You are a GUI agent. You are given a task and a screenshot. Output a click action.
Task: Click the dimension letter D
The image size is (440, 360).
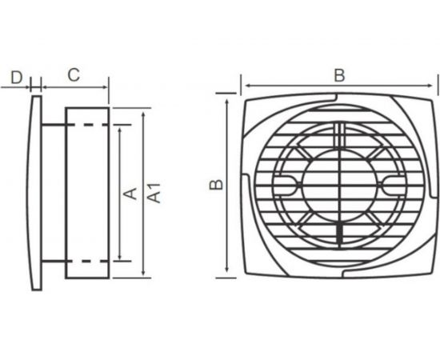16,78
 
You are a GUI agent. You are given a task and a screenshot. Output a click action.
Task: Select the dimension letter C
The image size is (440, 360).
74,74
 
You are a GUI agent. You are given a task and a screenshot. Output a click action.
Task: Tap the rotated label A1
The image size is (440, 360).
154,193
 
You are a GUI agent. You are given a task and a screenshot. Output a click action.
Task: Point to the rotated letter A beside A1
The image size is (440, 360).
130,194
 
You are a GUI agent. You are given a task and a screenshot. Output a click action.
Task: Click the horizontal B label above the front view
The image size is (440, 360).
339,75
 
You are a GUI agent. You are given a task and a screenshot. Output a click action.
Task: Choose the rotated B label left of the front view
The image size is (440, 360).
216,184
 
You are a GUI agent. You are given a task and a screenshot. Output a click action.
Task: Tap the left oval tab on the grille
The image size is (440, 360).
286,185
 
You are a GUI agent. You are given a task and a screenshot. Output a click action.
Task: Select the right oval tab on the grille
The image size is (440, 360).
393,185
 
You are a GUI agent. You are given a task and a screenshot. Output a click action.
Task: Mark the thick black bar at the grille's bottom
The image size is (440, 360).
340,234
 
